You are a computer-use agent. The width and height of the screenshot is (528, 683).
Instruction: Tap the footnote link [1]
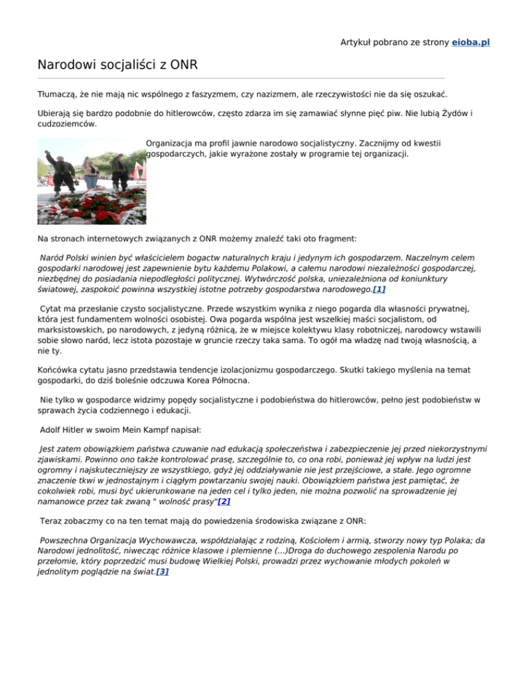click(x=378, y=290)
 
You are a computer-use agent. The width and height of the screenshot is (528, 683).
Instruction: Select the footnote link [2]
click(x=223, y=502)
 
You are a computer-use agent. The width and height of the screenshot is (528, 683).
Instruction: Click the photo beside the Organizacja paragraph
click(x=91, y=181)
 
